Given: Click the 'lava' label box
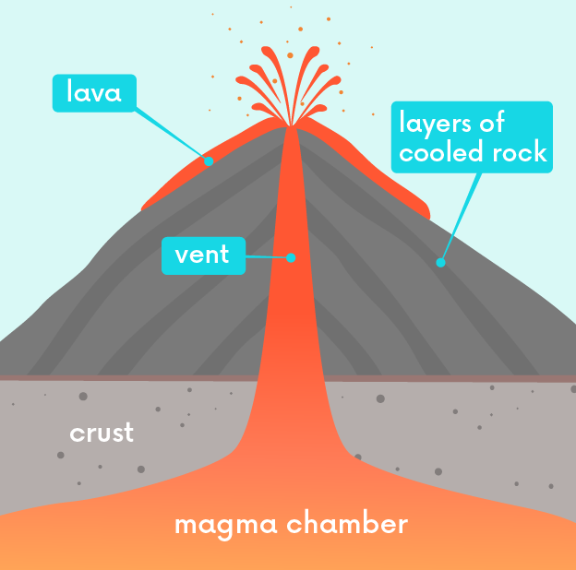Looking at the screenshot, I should pyautogui.click(x=94, y=92).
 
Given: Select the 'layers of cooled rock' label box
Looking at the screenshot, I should pyautogui.click(x=473, y=137).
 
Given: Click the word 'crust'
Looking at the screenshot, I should pyautogui.click(x=102, y=432).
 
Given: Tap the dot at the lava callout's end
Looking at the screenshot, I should pyautogui.click(x=209, y=160).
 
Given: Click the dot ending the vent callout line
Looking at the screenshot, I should pyautogui.click(x=291, y=257).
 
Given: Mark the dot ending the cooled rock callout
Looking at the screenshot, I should pyautogui.click(x=440, y=262).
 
